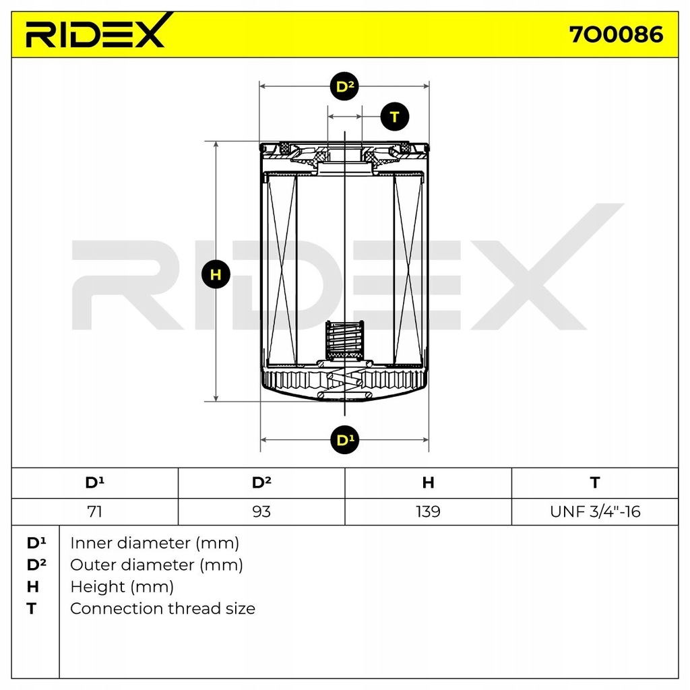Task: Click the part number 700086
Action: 617,34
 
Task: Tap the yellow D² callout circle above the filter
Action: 345,87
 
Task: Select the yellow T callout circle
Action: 394,117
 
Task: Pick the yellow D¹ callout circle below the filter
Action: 345,440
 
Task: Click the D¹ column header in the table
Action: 95,482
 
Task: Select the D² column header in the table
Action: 261,482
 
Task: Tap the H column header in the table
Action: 428,482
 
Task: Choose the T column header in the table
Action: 594,482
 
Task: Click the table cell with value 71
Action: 95,512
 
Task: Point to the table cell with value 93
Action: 261,512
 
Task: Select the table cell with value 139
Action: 428,512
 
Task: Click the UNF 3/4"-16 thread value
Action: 594,512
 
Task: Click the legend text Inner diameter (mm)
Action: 154,542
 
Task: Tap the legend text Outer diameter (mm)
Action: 156,565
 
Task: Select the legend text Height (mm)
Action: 121,587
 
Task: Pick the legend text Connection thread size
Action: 162,608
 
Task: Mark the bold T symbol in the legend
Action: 31,608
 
